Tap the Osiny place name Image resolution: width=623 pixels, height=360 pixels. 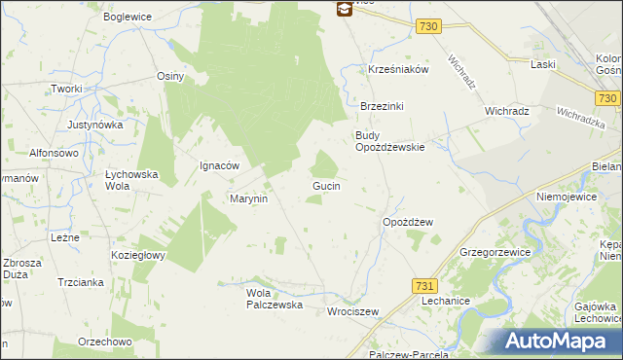point(170,76)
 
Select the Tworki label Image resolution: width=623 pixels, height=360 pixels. point(68,89)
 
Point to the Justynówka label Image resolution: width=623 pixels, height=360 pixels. point(94,126)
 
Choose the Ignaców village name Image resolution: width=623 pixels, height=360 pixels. point(219,165)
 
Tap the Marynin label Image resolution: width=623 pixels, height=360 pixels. point(248,198)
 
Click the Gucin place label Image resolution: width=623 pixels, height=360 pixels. point(325,185)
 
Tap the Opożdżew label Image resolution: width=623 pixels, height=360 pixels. point(407,222)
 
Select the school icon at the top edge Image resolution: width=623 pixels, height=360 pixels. point(344,9)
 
